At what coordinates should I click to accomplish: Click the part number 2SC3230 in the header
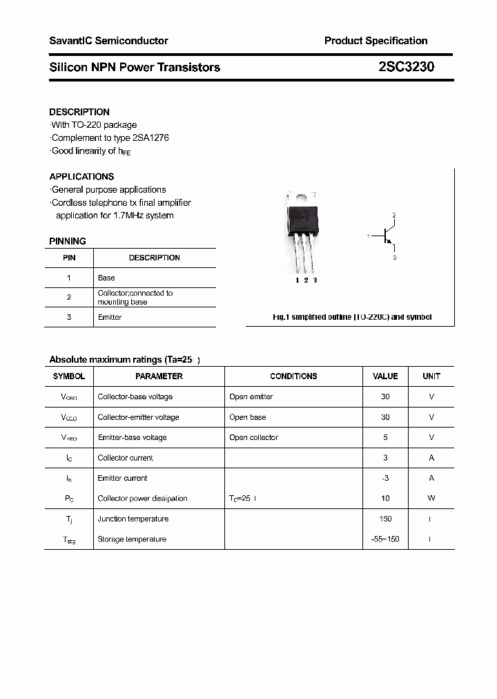tap(406, 67)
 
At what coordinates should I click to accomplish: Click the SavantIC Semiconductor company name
tap(108, 41)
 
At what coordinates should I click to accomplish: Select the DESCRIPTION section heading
tap(79, 112)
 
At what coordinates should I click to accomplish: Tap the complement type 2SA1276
tap(145, 137)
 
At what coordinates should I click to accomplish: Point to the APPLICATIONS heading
tap(81, 177)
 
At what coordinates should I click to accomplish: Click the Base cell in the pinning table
tap(106, 278)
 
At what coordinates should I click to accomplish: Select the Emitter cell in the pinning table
tap(110, 317)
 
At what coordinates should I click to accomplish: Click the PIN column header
tap(69, 258)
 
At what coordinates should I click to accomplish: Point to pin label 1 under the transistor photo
tap(297, 280)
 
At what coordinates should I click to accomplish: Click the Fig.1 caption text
tap(352, 317)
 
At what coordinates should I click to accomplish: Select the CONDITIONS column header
tap(293, 376)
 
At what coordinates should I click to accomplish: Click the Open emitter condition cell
tap(251, 397)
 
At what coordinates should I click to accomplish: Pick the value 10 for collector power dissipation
tap(385, 498)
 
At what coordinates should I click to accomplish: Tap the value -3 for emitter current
tap(385, 478)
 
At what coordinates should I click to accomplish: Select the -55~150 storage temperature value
tap(385, 539)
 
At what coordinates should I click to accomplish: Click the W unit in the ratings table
tap(431, 498)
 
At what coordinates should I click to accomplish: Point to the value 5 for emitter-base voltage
tap(385, 437)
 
